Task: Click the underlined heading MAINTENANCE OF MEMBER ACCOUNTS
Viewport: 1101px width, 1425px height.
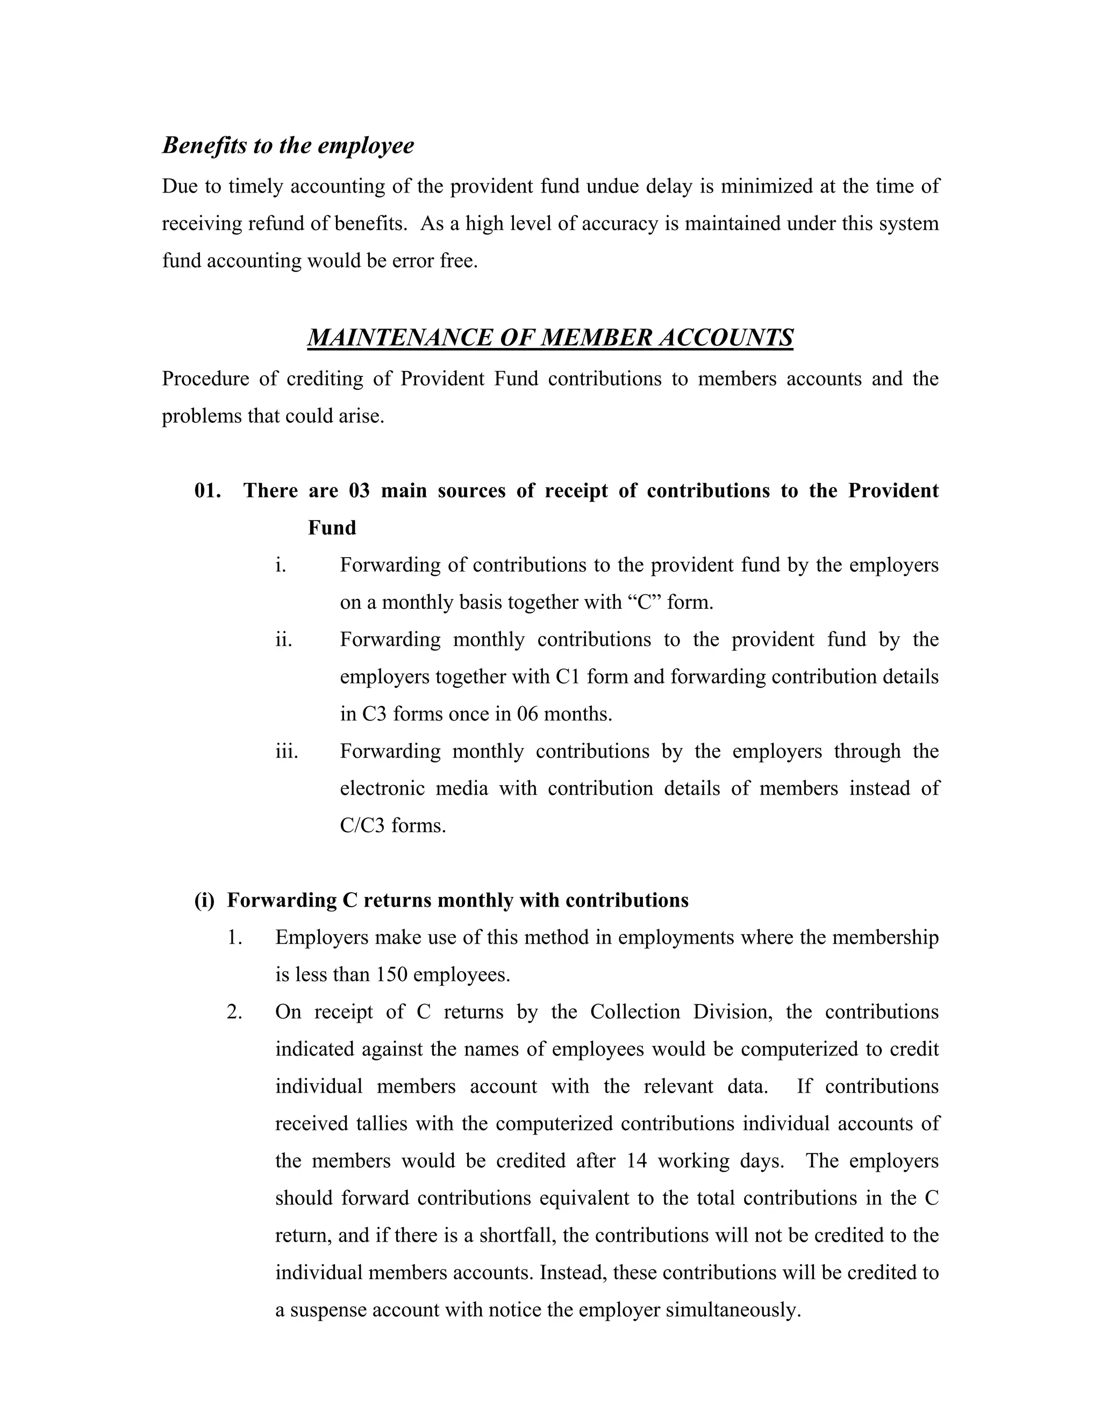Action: tap(550, 337)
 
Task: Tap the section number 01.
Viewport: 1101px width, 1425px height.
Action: tap(208, 490)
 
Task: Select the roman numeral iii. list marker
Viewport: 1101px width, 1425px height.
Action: tap(287, 751)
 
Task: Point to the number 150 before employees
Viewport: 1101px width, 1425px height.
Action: tap(391, 975)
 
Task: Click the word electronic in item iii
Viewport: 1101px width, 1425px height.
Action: tap(381, 789)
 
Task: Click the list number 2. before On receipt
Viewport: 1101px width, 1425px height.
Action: tap(235, 1012)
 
